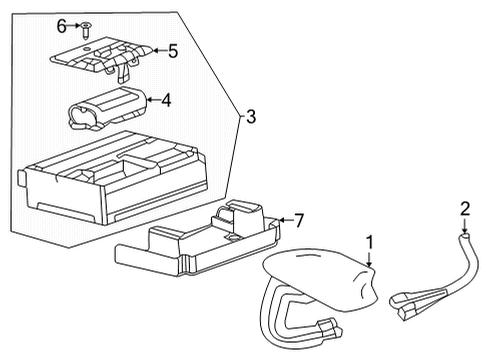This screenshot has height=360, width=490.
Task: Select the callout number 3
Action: pos(250,118)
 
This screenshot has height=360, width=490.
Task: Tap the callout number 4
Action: pos(167,99)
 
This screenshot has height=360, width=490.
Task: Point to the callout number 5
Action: pos(172,49)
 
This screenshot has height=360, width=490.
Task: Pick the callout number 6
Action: pos(60,24)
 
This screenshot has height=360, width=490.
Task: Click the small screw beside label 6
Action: pos(86,25)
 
